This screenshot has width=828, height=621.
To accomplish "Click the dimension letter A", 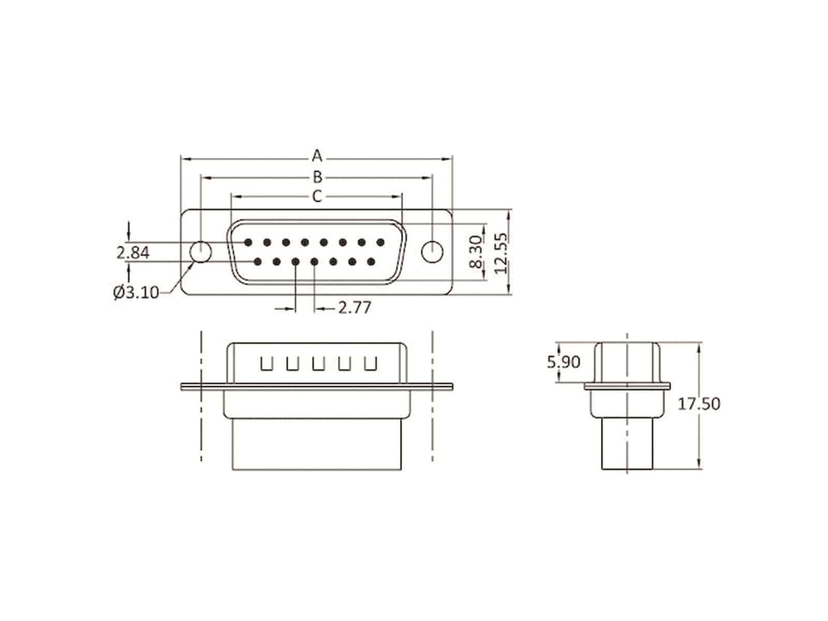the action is (317, 156).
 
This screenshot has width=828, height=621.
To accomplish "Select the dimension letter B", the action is (317, 176).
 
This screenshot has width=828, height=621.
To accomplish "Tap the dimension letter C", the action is (317, 196).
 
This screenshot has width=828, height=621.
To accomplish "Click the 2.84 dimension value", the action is (133, 253).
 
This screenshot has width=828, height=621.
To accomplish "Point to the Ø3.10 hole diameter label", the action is (136, 292).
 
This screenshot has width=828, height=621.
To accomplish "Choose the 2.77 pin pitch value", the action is (354, 308).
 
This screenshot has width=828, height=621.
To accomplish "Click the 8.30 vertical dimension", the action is (477, 252).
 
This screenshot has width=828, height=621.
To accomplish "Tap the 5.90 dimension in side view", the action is (564, 362).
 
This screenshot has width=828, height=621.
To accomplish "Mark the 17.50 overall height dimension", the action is (699, 404).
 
